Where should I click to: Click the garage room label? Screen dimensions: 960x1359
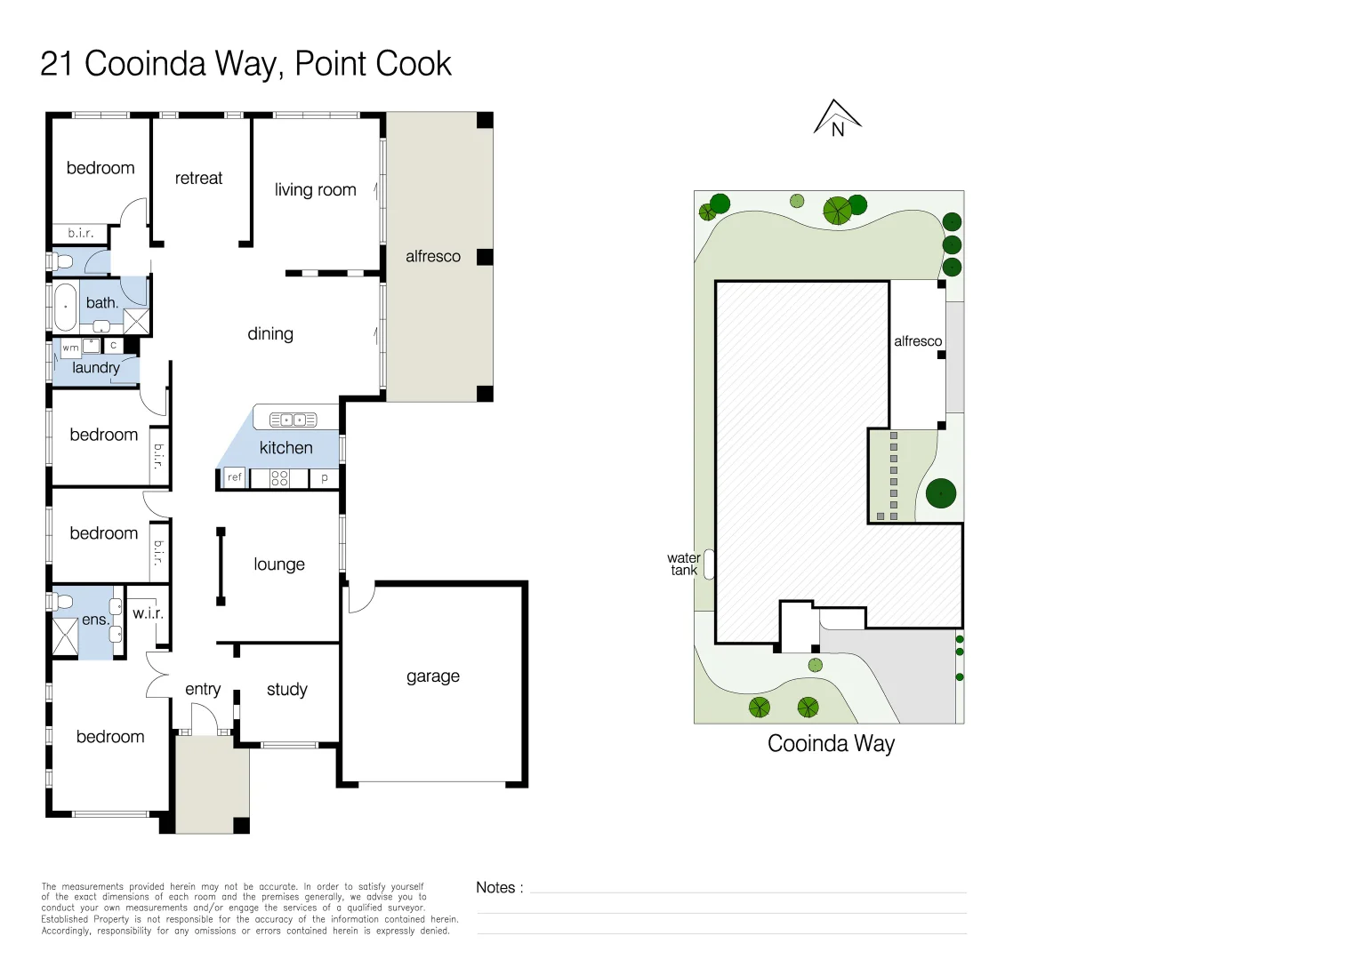[x=433, y=676]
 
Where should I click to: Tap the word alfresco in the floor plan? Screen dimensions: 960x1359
[x=433, y=257]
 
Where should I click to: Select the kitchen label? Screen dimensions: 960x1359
[x=285, y=448]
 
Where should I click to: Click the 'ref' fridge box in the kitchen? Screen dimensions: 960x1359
[x=234, y=478]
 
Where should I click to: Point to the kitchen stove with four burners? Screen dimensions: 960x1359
[x=279, y=478]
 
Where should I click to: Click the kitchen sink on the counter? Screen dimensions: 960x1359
[x=294, y=420]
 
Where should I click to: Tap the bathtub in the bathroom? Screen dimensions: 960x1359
[x=66, y=307]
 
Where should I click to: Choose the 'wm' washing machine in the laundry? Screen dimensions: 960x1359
[x=70, y=348]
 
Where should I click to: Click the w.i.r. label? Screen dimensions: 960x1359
[x=148, y=613]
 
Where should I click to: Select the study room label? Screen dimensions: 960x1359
[x=286, y=690]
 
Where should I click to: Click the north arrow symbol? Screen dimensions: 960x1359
[x=837, y=118]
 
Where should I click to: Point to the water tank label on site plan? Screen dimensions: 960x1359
[x=683, y=564]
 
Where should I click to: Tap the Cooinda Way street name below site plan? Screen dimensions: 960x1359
[x=831, y=744]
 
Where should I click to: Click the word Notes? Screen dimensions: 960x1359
[x=495, y=887]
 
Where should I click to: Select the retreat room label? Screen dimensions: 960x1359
[x=198, y=179]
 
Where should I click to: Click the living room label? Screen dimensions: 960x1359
[x=315, y=190]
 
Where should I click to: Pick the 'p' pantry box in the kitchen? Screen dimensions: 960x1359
[x=325, y=478]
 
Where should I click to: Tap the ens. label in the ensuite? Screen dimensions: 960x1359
[x=94, y=620]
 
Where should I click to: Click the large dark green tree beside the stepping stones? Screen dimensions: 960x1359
[x=941, y=493]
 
